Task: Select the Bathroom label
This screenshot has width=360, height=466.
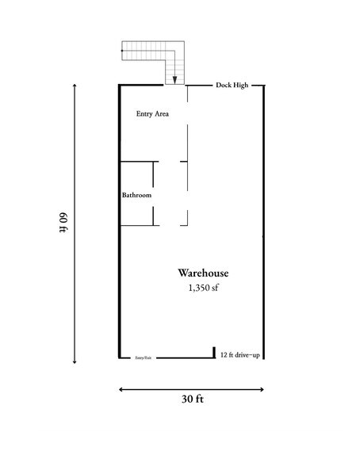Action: tap(136, 195)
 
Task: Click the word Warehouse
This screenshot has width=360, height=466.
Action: tap(203, 273)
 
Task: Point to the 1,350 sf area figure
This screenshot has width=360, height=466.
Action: tap(203, 288)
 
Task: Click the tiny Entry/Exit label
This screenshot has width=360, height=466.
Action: tap(144, 358)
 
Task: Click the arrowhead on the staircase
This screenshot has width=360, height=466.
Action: tap(174, 78)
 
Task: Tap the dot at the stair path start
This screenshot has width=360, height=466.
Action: tap(121, 51)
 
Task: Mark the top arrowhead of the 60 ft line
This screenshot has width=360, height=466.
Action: tap(75, 86)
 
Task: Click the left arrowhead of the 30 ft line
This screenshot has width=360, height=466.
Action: tap(121, 388)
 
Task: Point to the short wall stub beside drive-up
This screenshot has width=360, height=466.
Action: tap(214, 351)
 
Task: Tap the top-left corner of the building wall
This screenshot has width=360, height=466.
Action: tap(120, 85)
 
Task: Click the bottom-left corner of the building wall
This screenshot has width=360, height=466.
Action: tap(120, 358)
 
